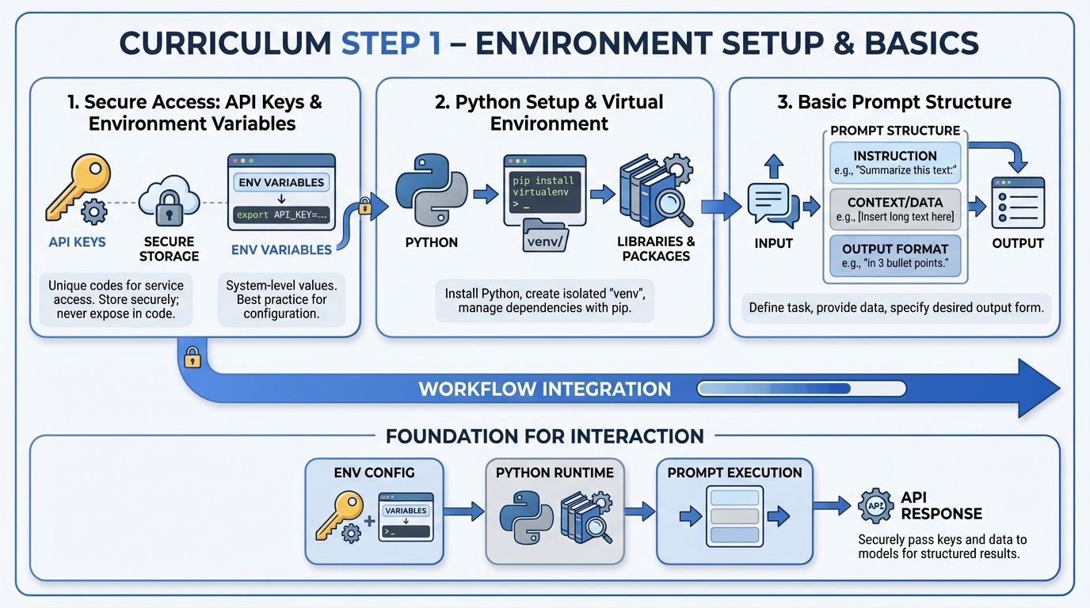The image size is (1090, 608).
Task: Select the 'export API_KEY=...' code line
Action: click(281, 215)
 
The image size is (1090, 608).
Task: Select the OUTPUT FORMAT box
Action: click(895, 256)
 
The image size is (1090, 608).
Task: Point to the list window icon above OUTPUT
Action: click(1018, 203)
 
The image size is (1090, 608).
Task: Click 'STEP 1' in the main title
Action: click(391, 43)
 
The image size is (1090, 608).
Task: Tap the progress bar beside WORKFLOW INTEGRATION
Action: click(801, 389)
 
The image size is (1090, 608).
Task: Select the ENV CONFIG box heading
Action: click(374, 473)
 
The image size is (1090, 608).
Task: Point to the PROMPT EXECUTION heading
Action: click(734, 473)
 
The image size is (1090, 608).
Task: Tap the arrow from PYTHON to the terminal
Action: click(481, 194)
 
